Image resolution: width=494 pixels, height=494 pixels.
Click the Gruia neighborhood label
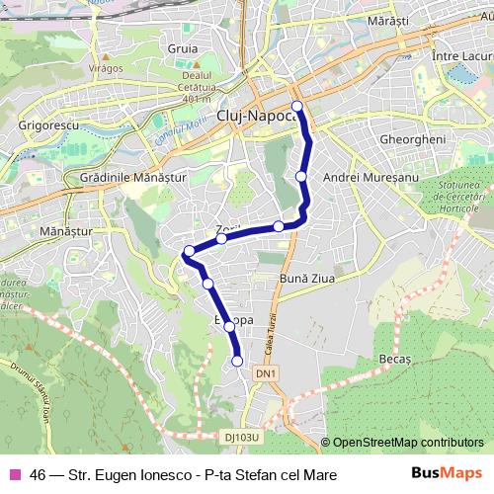click(x=183, y=46)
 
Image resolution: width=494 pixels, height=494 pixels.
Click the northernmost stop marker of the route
click(x=297, y=106)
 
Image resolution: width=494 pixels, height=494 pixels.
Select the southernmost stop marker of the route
click(x=237, y=361)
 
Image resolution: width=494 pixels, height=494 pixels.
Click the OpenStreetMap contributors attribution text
click(x=409, y=443)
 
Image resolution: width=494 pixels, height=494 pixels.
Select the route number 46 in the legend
click(x=38, y=474)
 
